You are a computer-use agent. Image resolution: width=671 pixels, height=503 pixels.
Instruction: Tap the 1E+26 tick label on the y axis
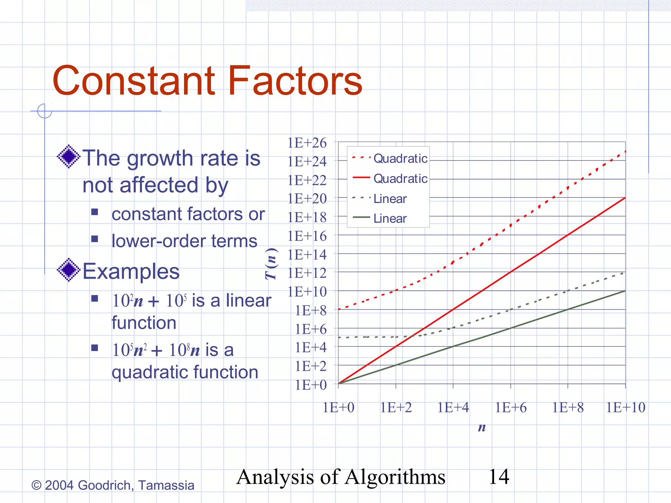(x=307, y=143)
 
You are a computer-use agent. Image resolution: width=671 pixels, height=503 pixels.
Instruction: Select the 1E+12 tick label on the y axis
(x=307, y=273)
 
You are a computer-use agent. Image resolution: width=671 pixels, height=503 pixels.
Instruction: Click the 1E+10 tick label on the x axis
(x=625, y=408)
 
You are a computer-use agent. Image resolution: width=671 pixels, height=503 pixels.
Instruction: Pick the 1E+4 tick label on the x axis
(x=453, y=408)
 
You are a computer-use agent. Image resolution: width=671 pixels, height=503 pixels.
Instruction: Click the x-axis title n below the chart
(x=482, y=427)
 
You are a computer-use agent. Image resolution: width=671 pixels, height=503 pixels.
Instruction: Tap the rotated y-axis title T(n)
(x=272, y=264)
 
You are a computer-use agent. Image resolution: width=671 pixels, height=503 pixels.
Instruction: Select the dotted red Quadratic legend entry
(x=390, y=158)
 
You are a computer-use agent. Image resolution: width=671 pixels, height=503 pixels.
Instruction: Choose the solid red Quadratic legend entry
(x=390, y=178)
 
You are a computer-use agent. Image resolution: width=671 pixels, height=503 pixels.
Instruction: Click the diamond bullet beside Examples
(x=68, y=270)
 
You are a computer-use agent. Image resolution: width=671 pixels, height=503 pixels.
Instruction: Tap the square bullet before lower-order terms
(x=95, y=239)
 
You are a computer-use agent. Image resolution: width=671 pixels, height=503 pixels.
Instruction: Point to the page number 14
(x=499, y=477)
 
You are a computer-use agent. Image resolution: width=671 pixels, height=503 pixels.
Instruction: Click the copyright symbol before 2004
(x=36, y=485)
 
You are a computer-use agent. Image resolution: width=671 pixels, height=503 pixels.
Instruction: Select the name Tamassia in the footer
(x=166, y=485)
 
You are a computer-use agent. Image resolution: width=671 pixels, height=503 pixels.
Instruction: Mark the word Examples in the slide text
(x=131, y=271)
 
